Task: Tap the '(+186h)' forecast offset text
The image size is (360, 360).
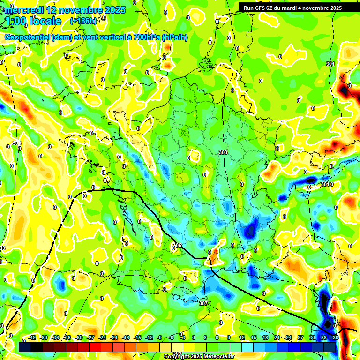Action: pos(83,21)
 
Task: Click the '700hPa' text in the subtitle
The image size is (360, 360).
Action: pos(145,37)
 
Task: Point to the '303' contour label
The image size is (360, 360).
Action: pos(223,152)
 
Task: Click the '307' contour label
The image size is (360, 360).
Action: pos(203,303)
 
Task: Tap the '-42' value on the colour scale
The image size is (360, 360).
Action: pos(32,337)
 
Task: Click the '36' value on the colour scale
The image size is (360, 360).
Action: pos(335,337)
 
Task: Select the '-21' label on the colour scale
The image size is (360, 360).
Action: pos(114,337)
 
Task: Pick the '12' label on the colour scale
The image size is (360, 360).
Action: pos(242,337)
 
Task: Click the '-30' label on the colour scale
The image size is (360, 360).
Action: pos(79,337)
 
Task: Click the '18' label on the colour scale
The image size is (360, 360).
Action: pos(265,337)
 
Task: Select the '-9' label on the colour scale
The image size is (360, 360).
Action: pos(160,337)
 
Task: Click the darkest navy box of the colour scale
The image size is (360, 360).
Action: pos(25,347)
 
